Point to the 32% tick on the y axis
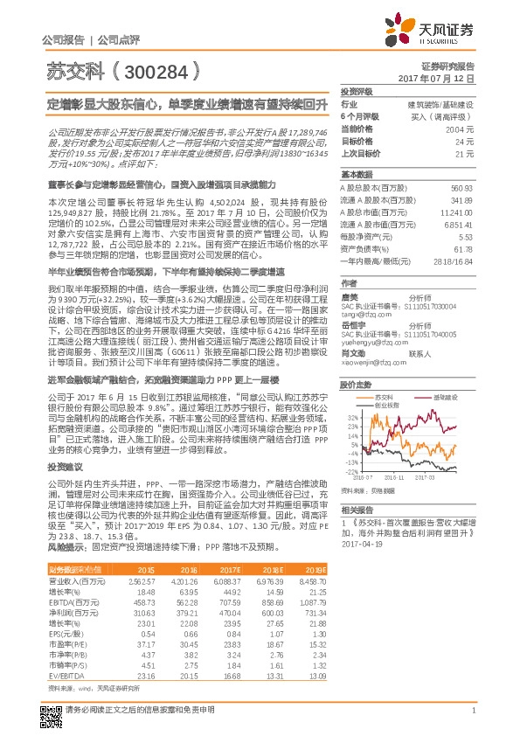[351, 418]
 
